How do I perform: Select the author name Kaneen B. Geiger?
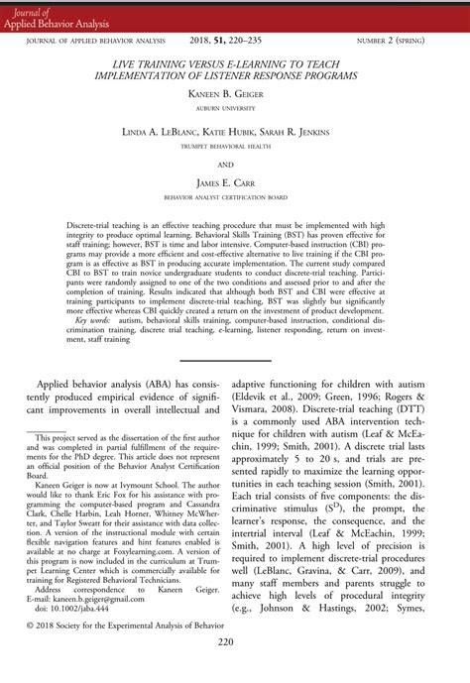[x=234, y=91]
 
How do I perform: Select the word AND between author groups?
[x=234, y=165]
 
